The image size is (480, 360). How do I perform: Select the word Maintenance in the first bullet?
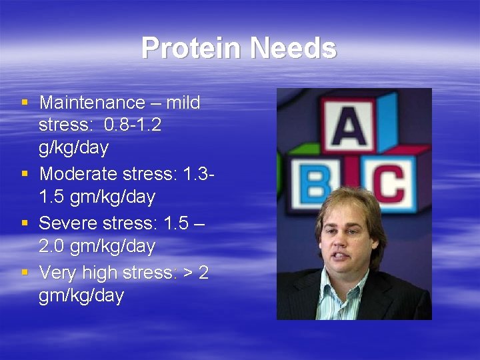pyautogui.click(x=92, y=103)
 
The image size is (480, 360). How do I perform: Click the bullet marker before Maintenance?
pyautogui.click(x=25, y=103)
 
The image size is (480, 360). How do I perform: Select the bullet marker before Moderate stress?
pyautogui.click(x=25, y=175)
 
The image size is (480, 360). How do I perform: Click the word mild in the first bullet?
pyautogui.click(x=182, y=103)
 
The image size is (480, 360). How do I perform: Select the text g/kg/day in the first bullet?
pyautogui.click(x=73, y=147)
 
